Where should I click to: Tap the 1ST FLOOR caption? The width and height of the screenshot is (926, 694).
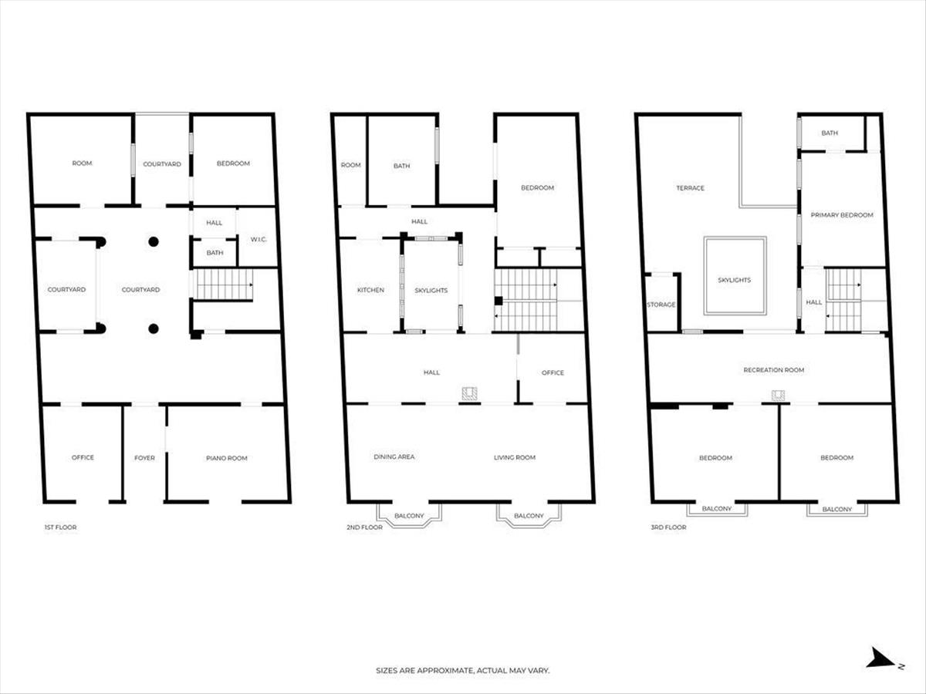click(61, 527)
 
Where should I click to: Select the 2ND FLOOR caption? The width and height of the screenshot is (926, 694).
click(364, 527)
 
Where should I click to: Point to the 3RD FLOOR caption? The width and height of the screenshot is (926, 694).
click(668, 527)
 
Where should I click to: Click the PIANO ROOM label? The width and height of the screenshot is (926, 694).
click(227, 458)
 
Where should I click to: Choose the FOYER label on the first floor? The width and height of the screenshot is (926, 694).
click(145, 457)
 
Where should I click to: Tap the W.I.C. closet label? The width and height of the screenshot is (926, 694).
click(259, 239)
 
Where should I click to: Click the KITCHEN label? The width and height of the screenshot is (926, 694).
click(370, 290)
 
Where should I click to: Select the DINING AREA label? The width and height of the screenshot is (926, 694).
click(394, 456)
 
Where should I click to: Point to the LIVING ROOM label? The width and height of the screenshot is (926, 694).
click(515, 457)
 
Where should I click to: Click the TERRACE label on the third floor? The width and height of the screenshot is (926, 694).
click(690, 188)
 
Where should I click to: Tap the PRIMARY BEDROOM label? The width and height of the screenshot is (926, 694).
click(842, 215)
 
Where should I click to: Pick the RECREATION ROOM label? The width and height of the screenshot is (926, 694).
click(774, 370)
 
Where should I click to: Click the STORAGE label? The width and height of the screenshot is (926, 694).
click(661, 305)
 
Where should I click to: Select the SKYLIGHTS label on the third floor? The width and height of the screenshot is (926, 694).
click(734, 280)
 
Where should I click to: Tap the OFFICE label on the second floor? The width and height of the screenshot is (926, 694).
click(553, 372)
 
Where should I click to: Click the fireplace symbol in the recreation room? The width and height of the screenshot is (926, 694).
click(778, 396)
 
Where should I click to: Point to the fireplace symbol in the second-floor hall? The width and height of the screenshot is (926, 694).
click(469, 393)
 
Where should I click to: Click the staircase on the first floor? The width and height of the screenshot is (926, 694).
click(225, 285)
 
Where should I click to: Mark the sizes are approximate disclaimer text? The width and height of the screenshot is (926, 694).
click(463, 670)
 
